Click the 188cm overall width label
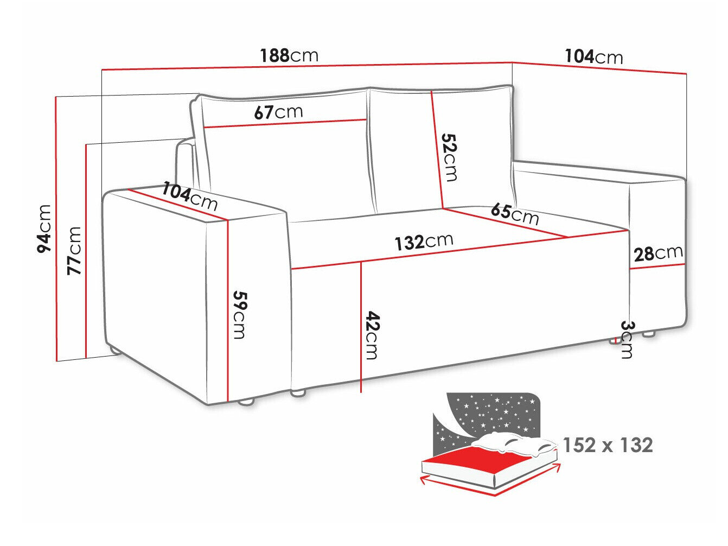(289, 55)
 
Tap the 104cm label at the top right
(593, 56)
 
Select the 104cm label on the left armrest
(190, 196)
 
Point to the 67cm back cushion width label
(278, 112)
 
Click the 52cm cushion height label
(450, 157)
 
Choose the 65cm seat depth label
(514, 213)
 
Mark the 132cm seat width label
(424, 242)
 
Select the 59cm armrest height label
(239, 315)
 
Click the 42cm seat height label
(372, 335)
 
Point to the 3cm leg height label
(626, 339)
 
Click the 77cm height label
(74, 250)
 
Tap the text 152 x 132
(608, 445)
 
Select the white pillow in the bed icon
(515, 442)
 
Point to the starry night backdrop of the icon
(488, 412)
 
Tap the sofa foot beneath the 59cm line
(246, 402)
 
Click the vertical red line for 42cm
(361, 326)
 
